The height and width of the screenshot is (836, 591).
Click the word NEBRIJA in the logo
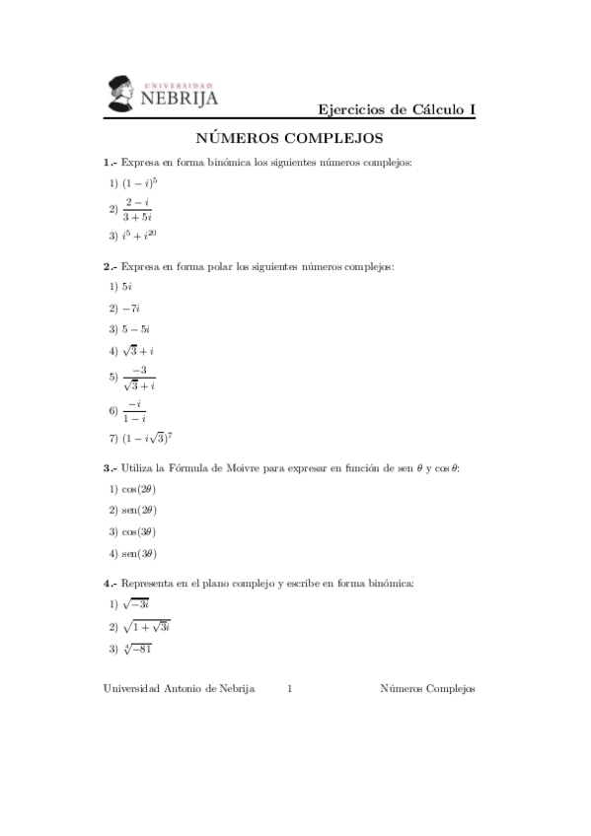(181, 98)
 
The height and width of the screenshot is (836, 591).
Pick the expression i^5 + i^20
(139, 235)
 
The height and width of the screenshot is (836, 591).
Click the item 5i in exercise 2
(127, 287)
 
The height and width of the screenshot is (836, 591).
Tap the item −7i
(131, 308)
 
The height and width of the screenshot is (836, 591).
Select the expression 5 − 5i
(136, 329)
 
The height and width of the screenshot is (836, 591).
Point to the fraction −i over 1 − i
(134, 411)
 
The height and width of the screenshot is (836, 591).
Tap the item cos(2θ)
(139, 489)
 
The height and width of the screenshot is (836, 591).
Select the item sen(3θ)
(139, 553)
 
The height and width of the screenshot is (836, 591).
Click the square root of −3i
(136, 604)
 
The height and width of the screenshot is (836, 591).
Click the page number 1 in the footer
(289, 689)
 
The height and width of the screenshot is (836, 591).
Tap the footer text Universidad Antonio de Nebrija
(179, 689)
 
